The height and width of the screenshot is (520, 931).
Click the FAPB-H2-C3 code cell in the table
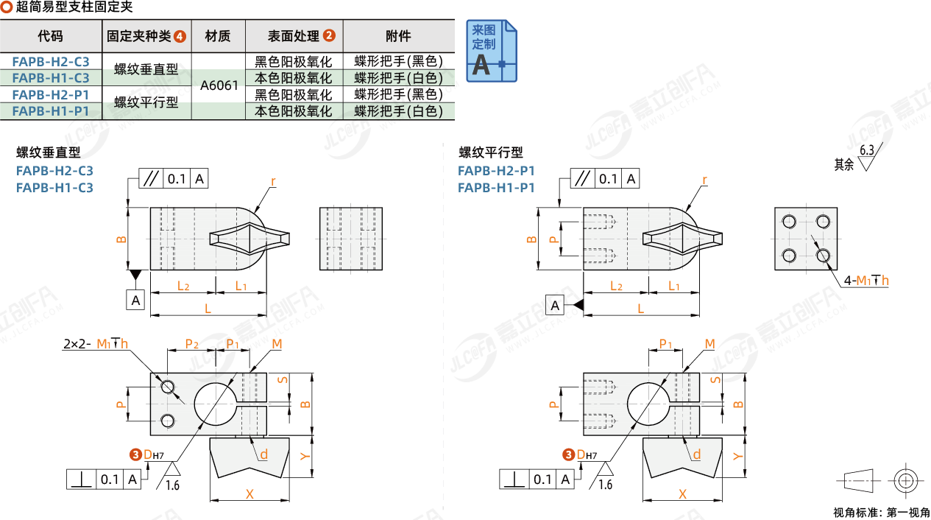tap(51, 61)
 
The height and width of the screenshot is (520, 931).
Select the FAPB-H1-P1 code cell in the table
tap(51, 111)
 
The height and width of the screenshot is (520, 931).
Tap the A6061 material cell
tap(219, 85)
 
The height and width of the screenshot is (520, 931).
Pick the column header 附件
tap(398, 35)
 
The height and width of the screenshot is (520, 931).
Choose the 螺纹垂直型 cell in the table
tap(146, 69)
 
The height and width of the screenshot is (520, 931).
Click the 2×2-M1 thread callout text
tap(96, 343)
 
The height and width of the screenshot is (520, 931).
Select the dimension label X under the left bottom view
tap(249, 494)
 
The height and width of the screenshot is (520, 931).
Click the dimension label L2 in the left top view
tap(183, 286)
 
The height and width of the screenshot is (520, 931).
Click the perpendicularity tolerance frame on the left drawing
tap(104, 479)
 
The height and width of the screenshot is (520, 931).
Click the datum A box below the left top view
tap(135, 300)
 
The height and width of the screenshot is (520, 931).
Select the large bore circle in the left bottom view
tap(214, 404)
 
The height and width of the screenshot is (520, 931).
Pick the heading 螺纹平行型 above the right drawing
tap(491, 152)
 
